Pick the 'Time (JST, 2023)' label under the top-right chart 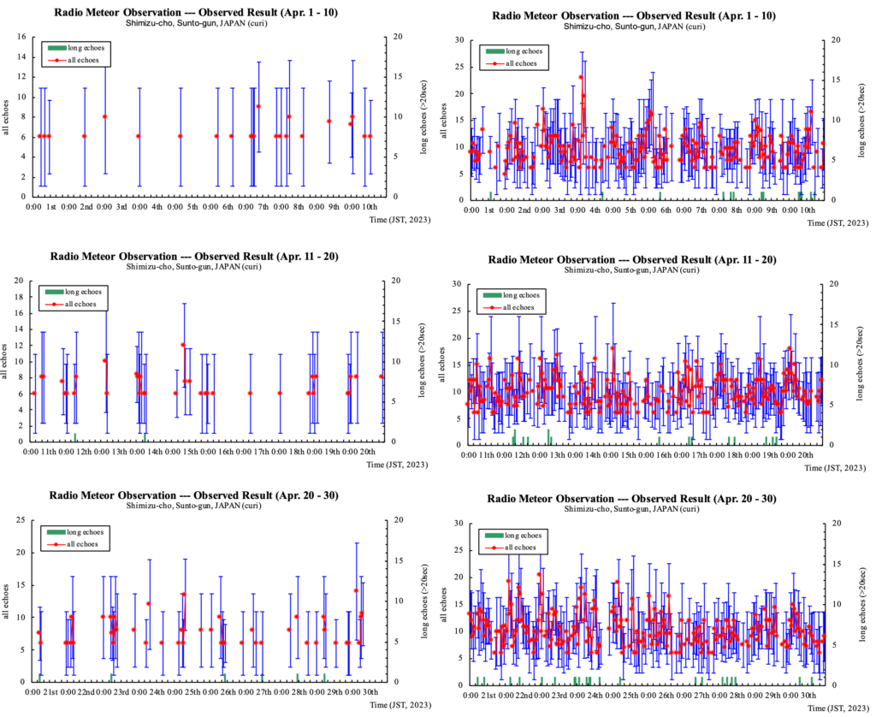[x=842, y=221]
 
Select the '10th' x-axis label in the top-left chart [x=370, y=207]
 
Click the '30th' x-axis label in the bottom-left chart [x=370, y=691]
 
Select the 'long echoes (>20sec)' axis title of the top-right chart [x=860, y=120]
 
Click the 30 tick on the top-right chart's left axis [x=459, y=40]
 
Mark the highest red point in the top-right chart [x=580, y=77]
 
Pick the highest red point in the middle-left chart [x=183, y=345]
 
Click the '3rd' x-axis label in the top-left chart [x=121, y=207]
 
